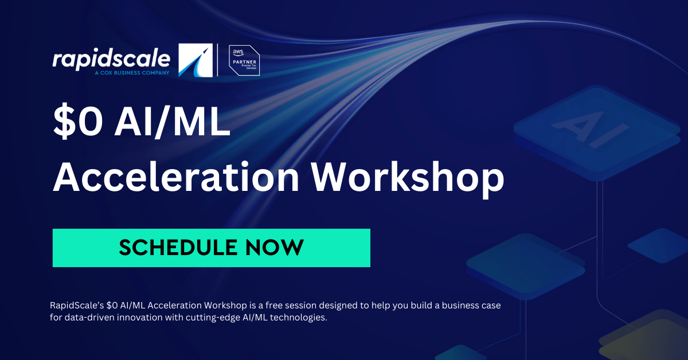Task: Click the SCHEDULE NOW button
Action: click(x=211, y=248)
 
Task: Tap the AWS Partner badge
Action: click(x=244, y=60)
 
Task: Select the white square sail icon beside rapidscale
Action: click(x=196, y=60)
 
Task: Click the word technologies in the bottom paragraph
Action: click(x=301, y=318)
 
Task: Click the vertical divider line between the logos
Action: click(x=218, y=60)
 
